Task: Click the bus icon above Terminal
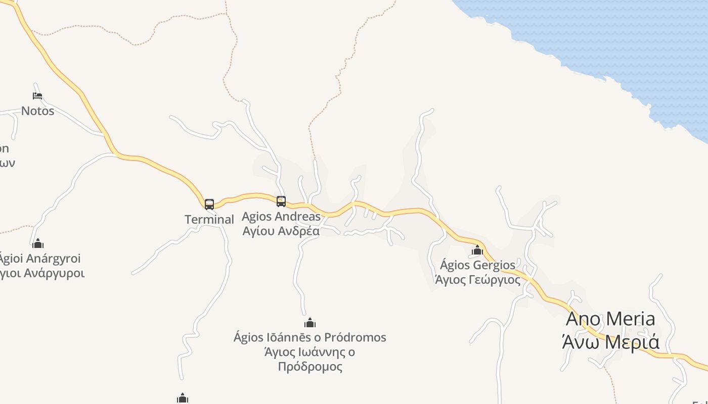(209, 204)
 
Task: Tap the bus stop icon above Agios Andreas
(281, 201)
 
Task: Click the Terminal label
(209, 220)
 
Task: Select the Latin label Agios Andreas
(281, 217)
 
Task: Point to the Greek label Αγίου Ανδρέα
(281, 231)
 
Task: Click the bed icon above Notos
(37, 95)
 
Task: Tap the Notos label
(37, 111)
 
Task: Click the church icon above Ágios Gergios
(477, 250)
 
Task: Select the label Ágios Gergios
(477, 265)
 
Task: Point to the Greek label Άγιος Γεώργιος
(477, 280)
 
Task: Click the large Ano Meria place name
(610, 319)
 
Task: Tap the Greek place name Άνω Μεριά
(610, 342)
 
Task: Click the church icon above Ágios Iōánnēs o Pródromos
(310, 323)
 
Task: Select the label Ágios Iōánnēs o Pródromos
(310, 337)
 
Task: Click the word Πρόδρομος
(310, 367)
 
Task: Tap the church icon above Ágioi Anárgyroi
(38, 244)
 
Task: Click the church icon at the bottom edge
(183, 398)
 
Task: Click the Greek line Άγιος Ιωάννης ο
(310, 352)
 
